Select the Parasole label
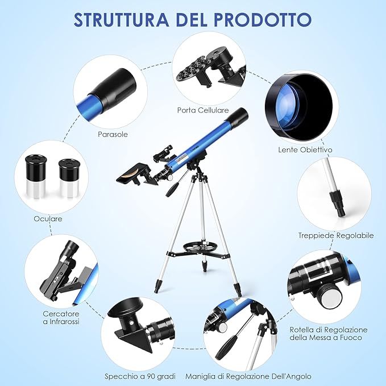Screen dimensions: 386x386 pos(112,134)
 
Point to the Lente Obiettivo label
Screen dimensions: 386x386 pos(305,150)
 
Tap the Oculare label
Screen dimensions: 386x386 pos(47,218)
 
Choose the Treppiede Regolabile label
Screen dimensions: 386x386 pos(336,235)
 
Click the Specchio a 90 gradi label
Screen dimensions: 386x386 pos(140,376)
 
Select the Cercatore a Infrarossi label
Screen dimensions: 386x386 pos(61,317)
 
